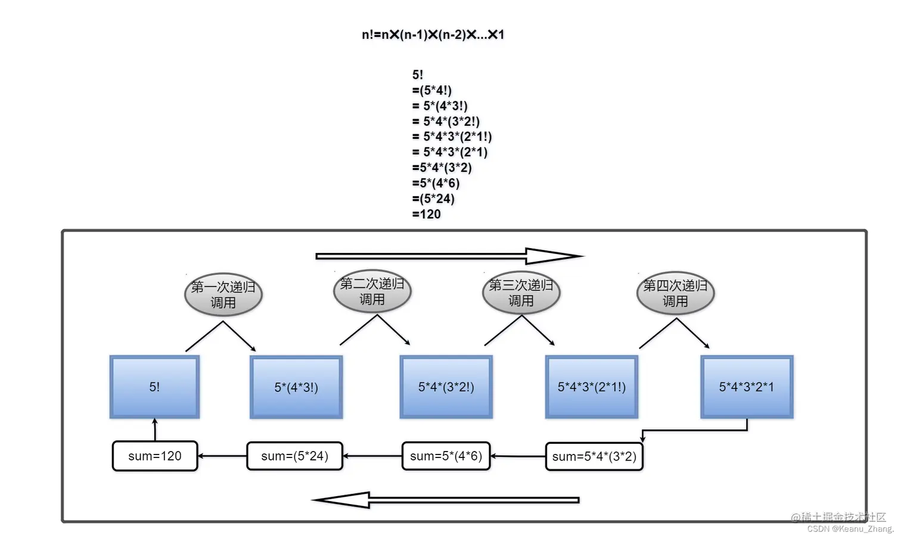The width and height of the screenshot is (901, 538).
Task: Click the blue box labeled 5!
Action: (154, 387)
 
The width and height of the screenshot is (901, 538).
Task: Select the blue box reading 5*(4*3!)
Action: (296, 387)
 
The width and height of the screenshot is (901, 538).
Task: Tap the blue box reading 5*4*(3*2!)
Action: (446, 387)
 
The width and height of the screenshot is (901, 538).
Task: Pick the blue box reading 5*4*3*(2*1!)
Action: (592, 387)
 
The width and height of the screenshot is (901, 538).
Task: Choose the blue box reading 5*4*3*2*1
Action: (747, 387)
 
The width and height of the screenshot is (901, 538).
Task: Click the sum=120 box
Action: (155, 456)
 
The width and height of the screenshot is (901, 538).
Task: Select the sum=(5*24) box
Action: (295, 456)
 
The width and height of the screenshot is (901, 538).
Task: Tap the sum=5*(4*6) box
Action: (446, 456)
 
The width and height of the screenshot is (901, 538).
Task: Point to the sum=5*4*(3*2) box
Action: (594, 457)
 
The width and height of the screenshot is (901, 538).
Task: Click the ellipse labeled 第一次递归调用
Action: (223, 295)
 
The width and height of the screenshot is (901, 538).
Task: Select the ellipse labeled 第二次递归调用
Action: (372, 292)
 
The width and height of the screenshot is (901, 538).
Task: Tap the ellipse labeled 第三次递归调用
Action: (521, 293)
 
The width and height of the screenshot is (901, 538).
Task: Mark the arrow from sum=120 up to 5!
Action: (155, 429)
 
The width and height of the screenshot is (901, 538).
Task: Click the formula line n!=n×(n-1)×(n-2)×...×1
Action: (433, 35)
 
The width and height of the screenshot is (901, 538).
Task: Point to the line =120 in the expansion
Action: (427, 214)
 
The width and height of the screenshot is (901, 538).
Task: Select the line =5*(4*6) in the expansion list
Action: (436, 183)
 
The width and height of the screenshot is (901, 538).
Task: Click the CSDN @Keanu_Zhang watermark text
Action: (850, 528)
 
